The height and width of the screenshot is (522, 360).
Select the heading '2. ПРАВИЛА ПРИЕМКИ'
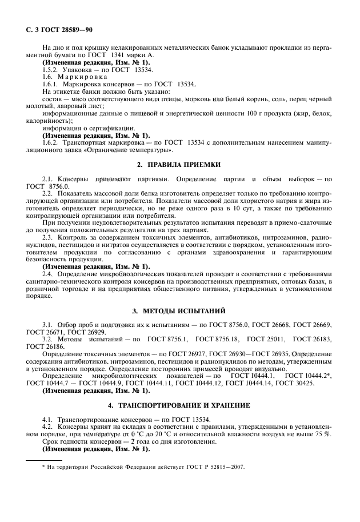click(x=179, y=165)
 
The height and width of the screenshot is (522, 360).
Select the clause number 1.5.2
click(x=52, y=69)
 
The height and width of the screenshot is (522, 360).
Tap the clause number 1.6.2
click(x=52, y=143)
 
